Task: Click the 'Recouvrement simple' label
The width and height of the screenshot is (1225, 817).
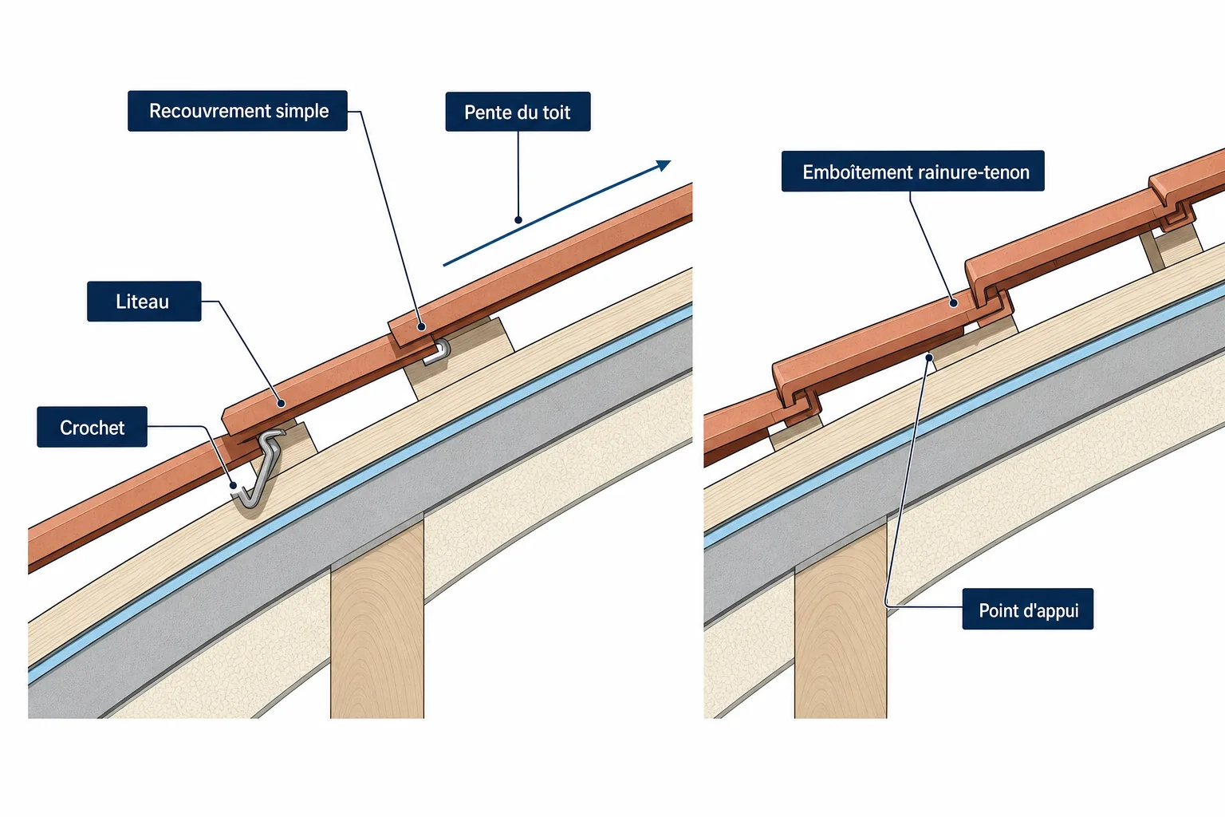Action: (x=238, y=111)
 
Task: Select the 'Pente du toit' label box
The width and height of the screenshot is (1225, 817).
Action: (x=518, y=112)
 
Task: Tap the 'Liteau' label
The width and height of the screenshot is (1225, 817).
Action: (x=144, y=301)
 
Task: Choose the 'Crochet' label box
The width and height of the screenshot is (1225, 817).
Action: (x=92, y=427)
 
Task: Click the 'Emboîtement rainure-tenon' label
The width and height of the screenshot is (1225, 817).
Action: (x=912, y=172)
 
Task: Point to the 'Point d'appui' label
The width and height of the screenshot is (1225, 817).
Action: (x=1027, y=609)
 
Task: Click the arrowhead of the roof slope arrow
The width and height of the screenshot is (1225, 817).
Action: (x=664, y=164)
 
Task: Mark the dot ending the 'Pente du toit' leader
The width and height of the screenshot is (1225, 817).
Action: (x=518, y=220)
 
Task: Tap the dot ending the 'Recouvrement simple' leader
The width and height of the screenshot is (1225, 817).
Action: (x=422, y=326)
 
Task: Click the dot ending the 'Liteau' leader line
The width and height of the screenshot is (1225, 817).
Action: (x=281, y=403)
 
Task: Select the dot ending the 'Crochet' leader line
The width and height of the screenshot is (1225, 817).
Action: (x=234, y=485)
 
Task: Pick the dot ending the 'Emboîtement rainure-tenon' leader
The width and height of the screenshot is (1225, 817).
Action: (x=954, y=303)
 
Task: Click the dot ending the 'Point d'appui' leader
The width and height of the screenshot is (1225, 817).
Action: (x=928, y=358)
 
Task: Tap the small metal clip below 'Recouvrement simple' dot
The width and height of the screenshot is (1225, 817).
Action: (x=438, y=352)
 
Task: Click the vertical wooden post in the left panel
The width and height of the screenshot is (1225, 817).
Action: (x=377, y=618)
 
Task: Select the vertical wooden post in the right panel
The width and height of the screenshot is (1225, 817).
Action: (x=841, y=618)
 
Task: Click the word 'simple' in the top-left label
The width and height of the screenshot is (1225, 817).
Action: (x=302, y=111)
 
